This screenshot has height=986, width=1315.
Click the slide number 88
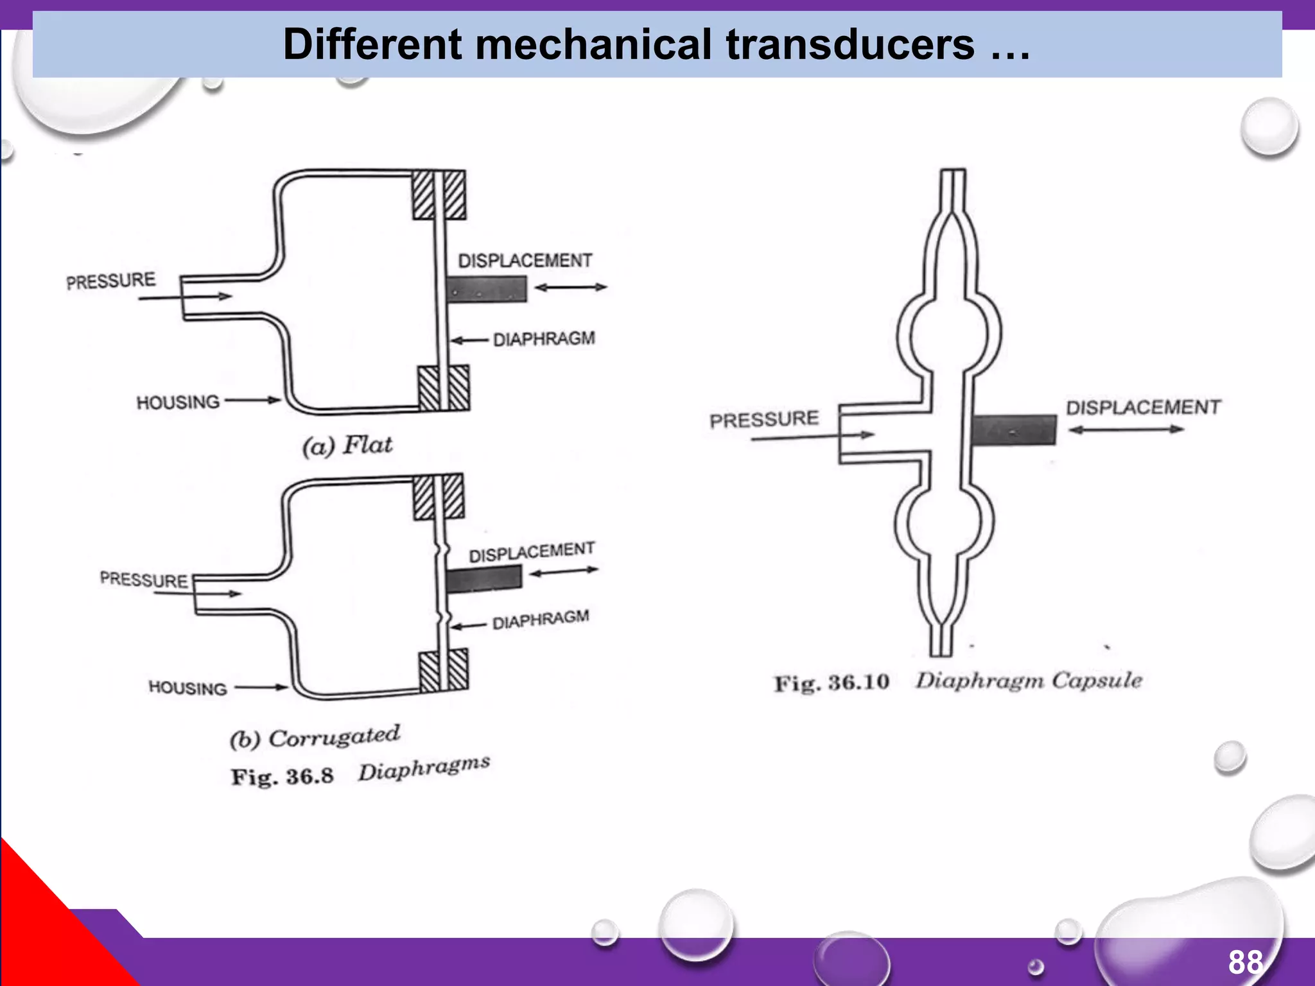pos(1245,962)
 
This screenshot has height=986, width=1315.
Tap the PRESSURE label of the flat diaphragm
pos(111,281)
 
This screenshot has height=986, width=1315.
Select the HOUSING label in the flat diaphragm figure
pos(178,402)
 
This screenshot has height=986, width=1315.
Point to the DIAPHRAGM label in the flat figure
pos(543,338)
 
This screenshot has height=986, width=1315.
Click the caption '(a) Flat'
pos(347,445)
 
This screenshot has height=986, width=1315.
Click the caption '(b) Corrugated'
pos(315,737)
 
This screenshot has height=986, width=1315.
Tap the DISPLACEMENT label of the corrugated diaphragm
pos(531,552)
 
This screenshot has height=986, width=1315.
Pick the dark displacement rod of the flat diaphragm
pos(487,289)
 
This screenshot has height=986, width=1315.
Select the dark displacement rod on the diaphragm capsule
pos(1013,430)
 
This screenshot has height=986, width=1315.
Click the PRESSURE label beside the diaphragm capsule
pos(764,419)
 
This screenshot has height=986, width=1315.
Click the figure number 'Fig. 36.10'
pos(832,682)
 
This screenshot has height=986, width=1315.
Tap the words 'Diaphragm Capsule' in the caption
pos(1029,680)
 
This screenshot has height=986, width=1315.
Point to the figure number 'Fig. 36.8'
pos(283,777)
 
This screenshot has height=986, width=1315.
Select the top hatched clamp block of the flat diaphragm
pos(439,195)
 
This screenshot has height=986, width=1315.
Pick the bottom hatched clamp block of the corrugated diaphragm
pos(444,671)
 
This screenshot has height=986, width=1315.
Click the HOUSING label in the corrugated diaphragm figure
pos(187,688)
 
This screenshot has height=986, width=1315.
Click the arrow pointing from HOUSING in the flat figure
pos(253,401)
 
